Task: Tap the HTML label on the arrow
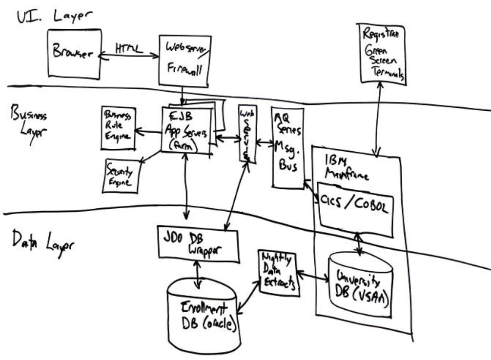point(129,49)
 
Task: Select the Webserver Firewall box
point(184,61)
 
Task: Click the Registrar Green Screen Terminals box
point(382,54)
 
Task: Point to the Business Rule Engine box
point(118,128)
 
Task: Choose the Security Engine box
point(121,175)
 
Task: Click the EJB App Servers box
point(186,130)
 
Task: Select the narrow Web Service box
point(247,133)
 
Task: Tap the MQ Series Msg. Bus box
point(288,147)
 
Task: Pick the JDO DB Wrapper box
point(198,243)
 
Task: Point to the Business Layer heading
point(30,124)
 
